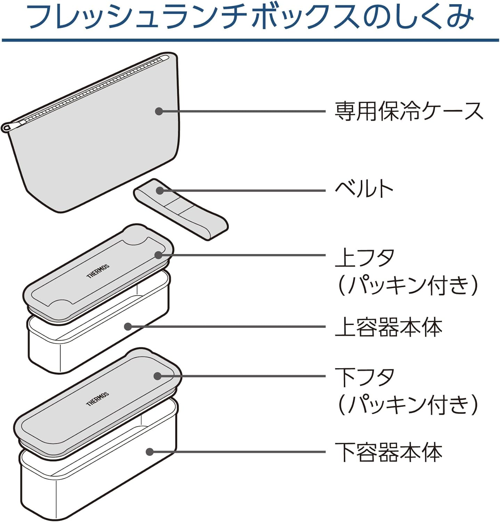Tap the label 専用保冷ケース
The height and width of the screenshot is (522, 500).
pos(409,111)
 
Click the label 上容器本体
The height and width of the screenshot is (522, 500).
pos(388,327)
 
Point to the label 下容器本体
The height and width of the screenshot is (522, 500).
pos(388,452)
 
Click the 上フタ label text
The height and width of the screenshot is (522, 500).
pos(365,258)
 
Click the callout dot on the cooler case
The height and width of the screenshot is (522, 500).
pos(159,111)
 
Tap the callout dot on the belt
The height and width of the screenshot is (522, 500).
pos(160,190)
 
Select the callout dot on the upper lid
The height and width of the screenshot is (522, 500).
pos(159,255)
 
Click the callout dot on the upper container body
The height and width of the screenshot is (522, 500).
pos(128,327)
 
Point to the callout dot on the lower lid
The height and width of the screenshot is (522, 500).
pos(158,376)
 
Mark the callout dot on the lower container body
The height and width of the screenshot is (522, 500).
pos(150,452)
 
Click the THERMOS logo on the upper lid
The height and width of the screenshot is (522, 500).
pos(98,271)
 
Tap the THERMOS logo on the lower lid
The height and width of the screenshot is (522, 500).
pos(98,398)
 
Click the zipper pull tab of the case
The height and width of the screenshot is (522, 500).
pos(6,127)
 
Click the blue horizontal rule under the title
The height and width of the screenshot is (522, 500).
pos(250,40)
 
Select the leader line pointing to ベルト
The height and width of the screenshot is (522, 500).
pos(243,190)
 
